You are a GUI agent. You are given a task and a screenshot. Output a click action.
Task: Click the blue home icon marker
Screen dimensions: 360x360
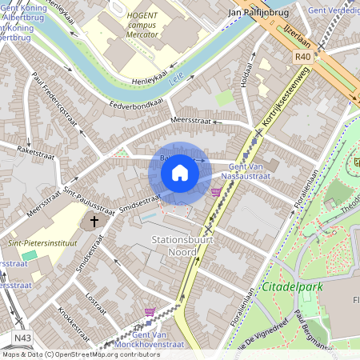(180, 172)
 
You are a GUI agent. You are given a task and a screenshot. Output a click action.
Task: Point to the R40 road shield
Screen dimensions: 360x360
(302, 57)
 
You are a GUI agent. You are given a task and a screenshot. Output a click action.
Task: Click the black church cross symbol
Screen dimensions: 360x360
(94, 221)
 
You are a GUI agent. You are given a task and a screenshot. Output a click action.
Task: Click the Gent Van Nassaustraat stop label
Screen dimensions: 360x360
(246, 170)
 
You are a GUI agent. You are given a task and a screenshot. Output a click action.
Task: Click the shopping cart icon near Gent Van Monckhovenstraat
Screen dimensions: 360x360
(150, 311)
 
